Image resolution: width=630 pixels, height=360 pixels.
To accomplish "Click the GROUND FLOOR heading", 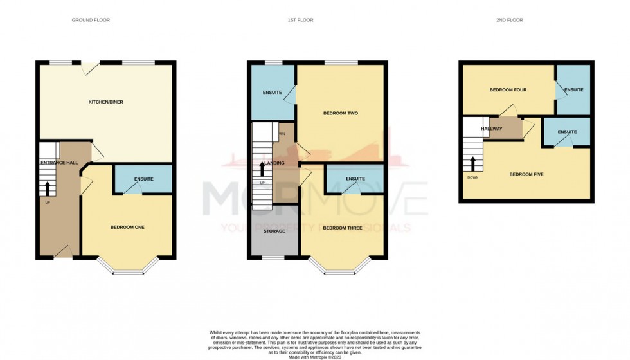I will point(91,20).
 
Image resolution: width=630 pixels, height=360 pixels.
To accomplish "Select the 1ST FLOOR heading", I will point(300,20).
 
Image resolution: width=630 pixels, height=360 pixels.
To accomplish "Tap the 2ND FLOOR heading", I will point(510,20).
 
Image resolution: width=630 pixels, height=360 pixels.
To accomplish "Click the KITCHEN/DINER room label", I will point(105,102).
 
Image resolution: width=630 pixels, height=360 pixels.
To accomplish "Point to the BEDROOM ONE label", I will point(127,227).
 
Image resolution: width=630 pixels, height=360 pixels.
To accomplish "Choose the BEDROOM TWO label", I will point(340,113).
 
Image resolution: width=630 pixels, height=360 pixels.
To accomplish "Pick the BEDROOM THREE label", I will point(342,228).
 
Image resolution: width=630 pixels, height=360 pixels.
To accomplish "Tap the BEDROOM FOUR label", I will point(508,90).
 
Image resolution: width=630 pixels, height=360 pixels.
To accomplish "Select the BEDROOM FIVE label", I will point(526,174).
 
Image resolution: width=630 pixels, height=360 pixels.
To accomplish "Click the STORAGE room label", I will point(274,231).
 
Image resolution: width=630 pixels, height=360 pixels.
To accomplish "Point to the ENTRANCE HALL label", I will point(59,163).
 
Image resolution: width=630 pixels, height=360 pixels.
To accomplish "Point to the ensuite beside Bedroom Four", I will point(573,90).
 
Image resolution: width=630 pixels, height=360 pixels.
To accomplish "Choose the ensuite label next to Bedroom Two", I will point(273,93).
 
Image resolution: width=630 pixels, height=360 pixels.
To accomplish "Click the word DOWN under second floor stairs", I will point(473,178).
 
